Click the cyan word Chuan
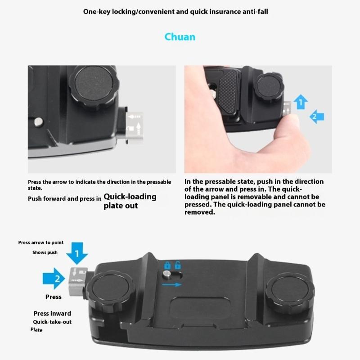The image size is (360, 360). [180, 36]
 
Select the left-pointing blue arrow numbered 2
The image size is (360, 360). [316, 117]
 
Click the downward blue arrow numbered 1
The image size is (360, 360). [77, 255]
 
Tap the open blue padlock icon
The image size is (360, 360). [178, 265]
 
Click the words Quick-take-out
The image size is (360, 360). [52, 322]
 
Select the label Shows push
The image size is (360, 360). [45, 252]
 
